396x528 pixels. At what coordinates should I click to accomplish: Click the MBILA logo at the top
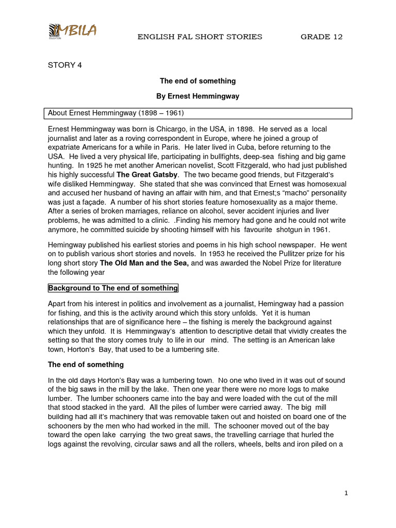click(x=72, y=31)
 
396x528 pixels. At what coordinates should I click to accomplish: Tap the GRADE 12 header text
click(x=322, y=37)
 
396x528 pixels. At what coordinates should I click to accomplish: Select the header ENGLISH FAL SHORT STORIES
click(x=200, y=37)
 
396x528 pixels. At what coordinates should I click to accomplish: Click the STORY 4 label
click(x=65, y=65)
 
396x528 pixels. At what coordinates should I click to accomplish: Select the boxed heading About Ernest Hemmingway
click(x=116, y=113)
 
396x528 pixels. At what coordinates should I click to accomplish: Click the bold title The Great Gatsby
click(x=147, y=175)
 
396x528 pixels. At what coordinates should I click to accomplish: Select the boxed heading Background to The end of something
click(x=113, y=288)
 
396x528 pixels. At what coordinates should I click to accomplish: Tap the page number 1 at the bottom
click(x=346, y=493)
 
